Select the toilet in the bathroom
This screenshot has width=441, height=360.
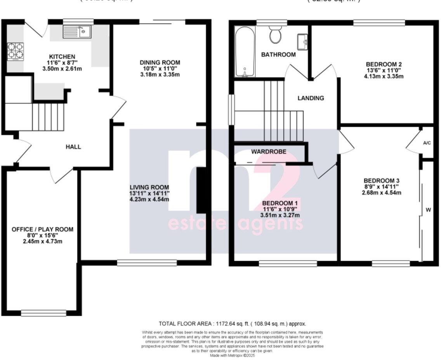tap(276, 35)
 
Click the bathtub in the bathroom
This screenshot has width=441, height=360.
tap(245, 52)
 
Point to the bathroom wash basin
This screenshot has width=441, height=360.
tap(302, 40)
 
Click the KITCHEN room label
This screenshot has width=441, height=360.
tap(59, 57)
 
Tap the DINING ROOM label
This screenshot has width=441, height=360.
tap(160, 62)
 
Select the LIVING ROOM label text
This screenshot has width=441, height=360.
tap(149, 187)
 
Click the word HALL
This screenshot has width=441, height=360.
tap(73, 147)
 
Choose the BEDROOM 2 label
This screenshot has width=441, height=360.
tap(384, 64)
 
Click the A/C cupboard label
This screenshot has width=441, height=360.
tap(427, 143)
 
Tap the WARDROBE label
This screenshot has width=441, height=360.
tap(269, 152)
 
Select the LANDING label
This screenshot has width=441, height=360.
tap(311, 98)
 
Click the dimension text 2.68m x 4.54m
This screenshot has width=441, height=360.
tap(382, 192)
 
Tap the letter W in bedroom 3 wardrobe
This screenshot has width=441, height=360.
tap(428, 210)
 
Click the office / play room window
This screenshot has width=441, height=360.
tap(43, 312)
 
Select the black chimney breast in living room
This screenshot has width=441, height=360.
tap(201, 190)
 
